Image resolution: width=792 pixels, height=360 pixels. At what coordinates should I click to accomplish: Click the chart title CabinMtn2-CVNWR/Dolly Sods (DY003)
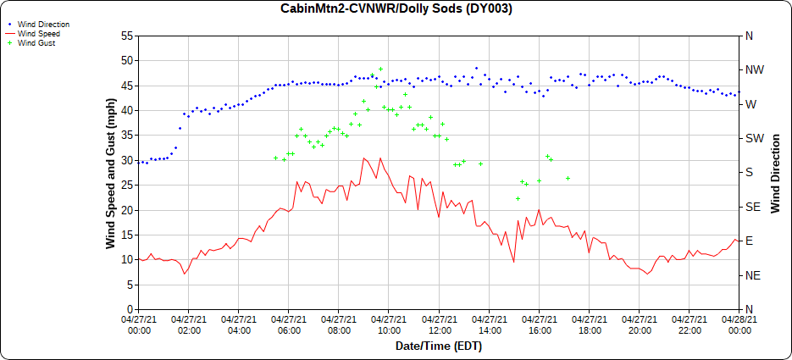[x=396, y=8]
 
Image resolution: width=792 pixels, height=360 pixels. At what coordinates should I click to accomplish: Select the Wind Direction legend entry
[x=43, y=25]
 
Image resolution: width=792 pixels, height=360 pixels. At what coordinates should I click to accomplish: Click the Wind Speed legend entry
[x=39, y=34]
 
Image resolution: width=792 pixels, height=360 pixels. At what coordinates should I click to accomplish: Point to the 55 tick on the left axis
[x=127, y=36]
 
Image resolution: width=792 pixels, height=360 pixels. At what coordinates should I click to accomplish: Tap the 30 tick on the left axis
[x=127, y=160]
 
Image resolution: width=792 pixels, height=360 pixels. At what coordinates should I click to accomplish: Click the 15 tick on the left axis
[x=127, y=235]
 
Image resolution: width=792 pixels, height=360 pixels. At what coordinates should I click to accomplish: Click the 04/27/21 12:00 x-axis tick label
[x=439, y=325]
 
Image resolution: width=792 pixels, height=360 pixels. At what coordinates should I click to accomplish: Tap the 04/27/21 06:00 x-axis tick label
[x=289, y=325]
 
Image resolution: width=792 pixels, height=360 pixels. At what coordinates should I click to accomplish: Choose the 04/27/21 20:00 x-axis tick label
[x=640, y=325]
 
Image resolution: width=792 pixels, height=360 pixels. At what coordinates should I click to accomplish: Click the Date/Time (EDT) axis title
[x=439, y=346]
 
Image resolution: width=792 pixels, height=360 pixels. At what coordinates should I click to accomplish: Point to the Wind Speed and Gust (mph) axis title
[x=110, y=173]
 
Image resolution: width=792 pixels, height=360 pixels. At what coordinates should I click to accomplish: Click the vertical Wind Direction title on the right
[x=775, y=173]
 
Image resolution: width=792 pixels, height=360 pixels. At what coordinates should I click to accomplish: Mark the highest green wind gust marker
[x=380, y=69]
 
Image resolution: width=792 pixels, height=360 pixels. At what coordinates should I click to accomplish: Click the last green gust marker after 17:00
[x=568, y=178]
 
